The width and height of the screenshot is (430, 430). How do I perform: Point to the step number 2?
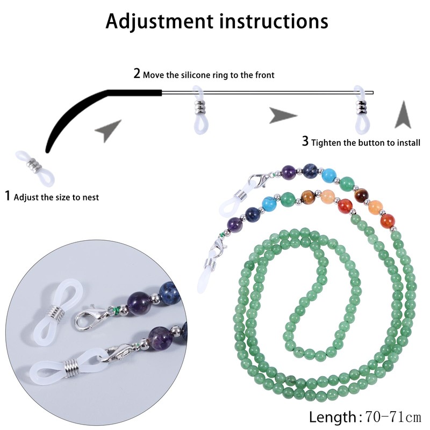pos(137,74)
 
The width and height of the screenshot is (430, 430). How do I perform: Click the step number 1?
pos(8,196)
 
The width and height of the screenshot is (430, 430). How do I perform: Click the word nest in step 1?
pos(90,197)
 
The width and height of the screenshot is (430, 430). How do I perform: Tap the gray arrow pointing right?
pos(282,115)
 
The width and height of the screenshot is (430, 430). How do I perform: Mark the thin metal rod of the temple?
pos(258,92)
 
